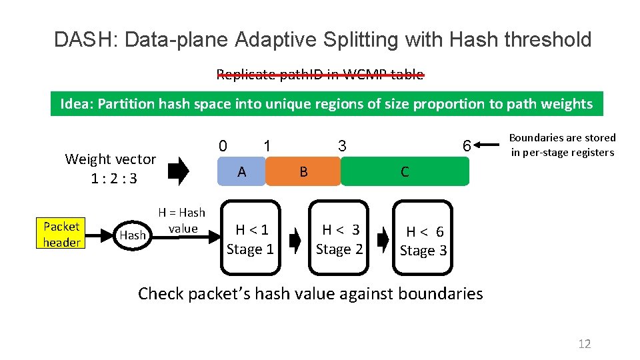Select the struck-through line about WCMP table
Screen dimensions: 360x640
pos(320,75)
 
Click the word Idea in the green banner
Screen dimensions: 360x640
pos(76,104)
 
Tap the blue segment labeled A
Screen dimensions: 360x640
pos(242,172)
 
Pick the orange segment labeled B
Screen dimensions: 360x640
pos(303,172)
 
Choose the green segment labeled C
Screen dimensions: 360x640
pos(405,172)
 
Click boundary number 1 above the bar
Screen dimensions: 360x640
pos(266,145)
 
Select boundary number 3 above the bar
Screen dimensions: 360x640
pos(341,145)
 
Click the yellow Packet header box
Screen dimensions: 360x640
pos(61,235)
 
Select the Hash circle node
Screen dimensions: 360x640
pos(132,235)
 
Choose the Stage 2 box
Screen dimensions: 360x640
pos(339,239)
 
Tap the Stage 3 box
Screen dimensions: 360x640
pos(424,240)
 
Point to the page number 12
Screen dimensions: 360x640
pos(584,344)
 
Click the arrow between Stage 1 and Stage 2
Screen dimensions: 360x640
pos(294,239)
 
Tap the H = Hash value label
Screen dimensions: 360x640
pos(182,221)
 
